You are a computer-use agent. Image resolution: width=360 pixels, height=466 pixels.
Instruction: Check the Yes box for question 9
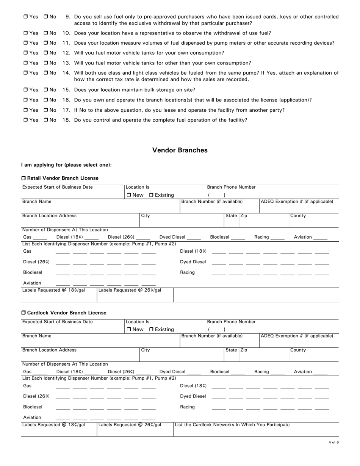25,17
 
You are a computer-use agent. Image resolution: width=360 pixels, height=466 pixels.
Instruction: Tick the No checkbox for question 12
45,53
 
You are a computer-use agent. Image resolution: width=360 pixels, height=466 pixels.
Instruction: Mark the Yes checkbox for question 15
25,90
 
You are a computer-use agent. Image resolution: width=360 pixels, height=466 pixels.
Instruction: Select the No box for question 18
45,120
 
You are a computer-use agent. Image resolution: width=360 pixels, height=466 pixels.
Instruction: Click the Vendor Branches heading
180,150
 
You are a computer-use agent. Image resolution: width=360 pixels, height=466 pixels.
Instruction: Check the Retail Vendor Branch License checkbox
23,178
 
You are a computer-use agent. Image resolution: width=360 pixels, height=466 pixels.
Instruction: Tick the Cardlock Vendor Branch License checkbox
23,313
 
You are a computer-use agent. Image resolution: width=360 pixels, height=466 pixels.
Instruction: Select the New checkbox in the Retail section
129,195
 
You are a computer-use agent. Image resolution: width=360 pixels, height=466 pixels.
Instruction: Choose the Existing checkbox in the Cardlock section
152,330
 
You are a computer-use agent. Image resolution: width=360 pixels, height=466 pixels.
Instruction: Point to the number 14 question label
66,73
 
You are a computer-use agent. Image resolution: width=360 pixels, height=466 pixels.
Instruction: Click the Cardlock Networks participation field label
232,425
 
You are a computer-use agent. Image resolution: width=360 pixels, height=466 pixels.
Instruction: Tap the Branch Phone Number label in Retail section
231,187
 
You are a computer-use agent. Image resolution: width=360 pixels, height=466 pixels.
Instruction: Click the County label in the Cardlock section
298,350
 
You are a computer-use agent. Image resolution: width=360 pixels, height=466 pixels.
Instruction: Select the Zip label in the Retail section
244,216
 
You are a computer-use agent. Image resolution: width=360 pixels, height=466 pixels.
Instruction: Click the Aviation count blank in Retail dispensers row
320,238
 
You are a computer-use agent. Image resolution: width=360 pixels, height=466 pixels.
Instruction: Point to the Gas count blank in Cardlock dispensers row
40,373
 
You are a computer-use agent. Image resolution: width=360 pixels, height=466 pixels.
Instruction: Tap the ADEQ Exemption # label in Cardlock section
297,336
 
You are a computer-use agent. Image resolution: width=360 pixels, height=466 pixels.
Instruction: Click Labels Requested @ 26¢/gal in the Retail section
130,290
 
